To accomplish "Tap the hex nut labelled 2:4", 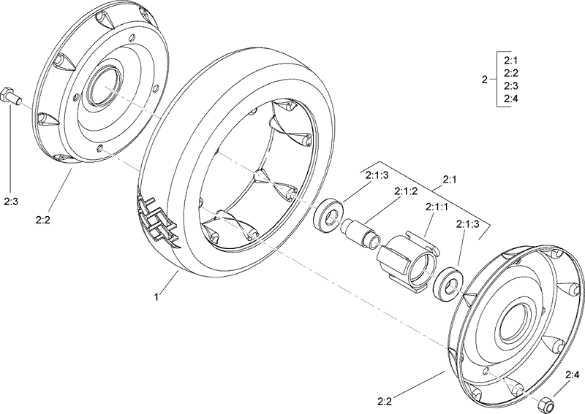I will [x=545, y=402].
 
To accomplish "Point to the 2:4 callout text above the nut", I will [x=571, y=375].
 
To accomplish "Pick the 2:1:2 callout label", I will [x=406, y=191].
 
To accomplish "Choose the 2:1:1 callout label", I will [x=437, y=208].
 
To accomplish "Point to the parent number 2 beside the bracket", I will [x=484, y=80].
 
